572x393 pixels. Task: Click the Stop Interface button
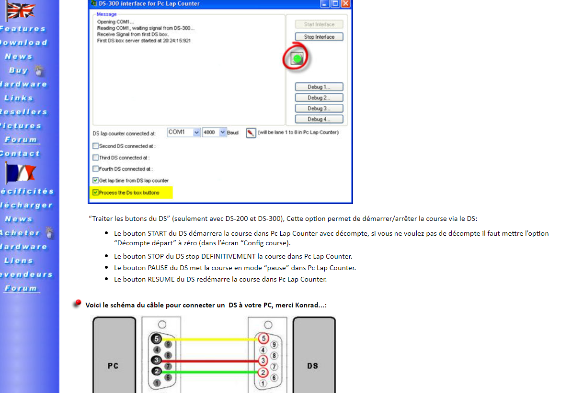319,37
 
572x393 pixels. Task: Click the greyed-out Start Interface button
319,24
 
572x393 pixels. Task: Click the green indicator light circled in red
297,59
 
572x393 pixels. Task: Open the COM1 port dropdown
196,132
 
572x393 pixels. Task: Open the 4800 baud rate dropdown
222,132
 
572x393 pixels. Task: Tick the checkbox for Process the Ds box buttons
96,193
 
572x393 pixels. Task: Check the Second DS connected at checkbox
96,146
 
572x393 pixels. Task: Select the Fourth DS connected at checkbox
96,169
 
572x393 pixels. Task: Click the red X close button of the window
345,3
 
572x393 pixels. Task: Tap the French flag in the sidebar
20,173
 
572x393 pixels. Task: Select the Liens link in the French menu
19,261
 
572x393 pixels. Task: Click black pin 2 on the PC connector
156,371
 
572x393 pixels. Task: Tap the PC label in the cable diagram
113,366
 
